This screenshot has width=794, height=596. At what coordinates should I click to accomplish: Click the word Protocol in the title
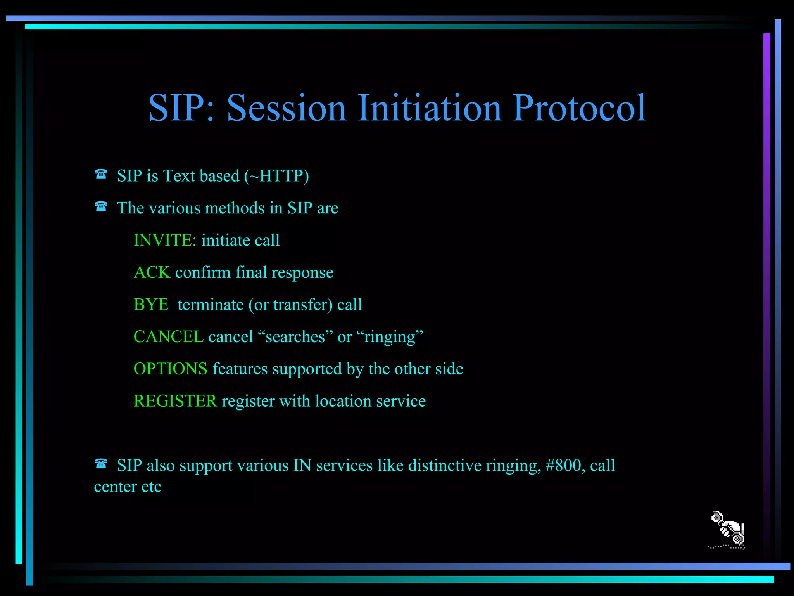point(579,108)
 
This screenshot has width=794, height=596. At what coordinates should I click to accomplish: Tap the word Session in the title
point(286,108)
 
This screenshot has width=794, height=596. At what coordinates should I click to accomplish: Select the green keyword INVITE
point(162,240)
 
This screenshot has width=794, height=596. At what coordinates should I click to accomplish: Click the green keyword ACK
point(152,272)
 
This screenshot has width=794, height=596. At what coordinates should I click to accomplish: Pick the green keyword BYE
point(151,305)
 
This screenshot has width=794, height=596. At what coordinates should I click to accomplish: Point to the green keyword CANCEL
point(168,337)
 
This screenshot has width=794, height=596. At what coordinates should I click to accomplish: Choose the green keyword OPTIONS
point(170,369)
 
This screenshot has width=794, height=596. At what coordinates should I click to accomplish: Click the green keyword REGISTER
point(175,401)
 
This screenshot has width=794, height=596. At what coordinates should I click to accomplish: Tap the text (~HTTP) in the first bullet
point(276,176)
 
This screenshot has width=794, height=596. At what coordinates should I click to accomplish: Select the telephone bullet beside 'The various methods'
point(101,206)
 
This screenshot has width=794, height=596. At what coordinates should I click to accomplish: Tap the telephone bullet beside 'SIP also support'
point(101,463)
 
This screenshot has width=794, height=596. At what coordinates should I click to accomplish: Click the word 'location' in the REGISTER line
point(343,401)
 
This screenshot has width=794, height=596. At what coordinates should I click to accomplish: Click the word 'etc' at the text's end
point(151,487)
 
